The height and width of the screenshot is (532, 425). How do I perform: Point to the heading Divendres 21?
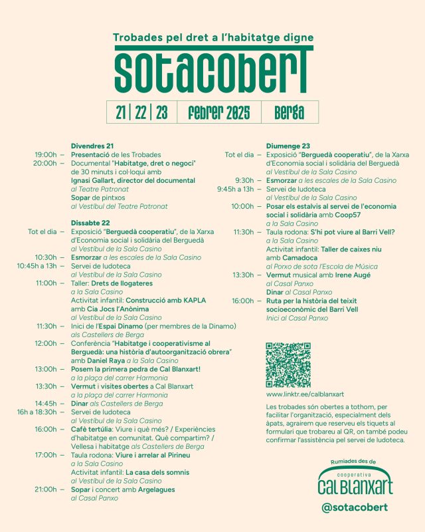click(x=92, y=146)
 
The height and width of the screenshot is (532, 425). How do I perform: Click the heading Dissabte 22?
click(x=90, y=223)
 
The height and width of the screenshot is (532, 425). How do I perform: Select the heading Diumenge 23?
click(x=288, y=146)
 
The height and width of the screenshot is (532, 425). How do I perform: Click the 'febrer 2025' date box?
click(x=218, y=112)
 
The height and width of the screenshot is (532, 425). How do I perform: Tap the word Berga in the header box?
click(x=289, y=112)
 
